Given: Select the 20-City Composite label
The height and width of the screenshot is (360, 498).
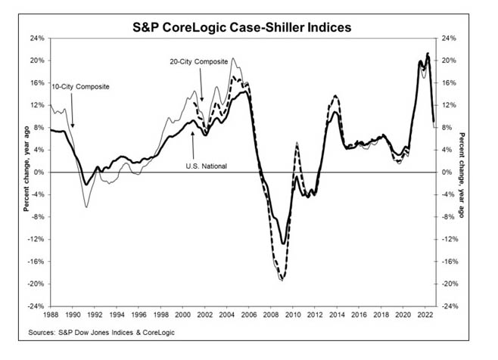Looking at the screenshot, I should tap(199, 58).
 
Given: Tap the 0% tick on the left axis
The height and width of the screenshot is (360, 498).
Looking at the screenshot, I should tap(39, 172).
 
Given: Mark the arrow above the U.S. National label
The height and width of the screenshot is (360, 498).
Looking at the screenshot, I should tap(195, 141).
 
